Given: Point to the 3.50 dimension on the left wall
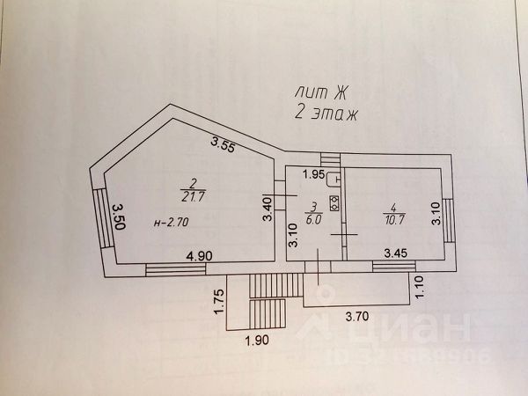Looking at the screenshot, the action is [x=117, y=214].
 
